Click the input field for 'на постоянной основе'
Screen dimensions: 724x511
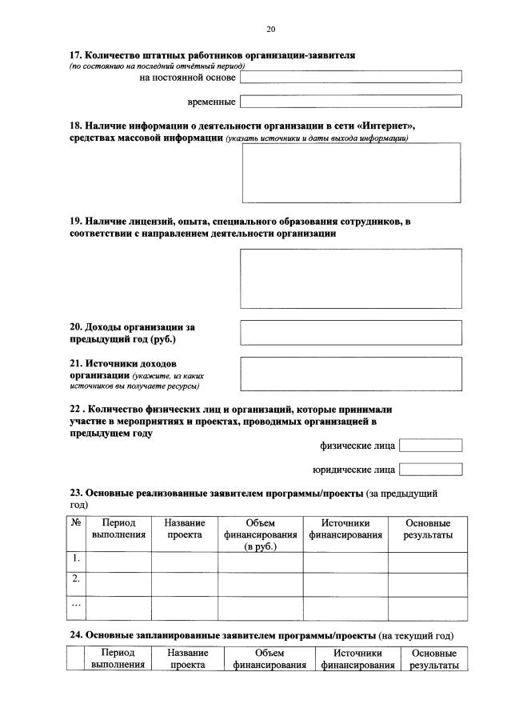coord(351,78)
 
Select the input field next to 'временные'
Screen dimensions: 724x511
coord(351,102)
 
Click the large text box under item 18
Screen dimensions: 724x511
coord(351,172)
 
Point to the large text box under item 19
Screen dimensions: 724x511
coord(351,278)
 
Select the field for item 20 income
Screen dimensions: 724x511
coord(351,332)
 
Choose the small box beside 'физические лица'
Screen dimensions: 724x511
coord(430,446)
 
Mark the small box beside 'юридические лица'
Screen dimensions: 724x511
coord(430,470)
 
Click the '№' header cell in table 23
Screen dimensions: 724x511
coord(75,522)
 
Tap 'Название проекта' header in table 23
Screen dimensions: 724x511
coord(185,528)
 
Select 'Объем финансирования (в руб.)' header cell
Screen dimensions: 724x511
coord(260,534)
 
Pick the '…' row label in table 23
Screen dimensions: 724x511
coord(75,605)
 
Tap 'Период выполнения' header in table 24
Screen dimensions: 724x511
coord(118,659)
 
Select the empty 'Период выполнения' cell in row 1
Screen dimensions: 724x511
coord(118,562)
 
